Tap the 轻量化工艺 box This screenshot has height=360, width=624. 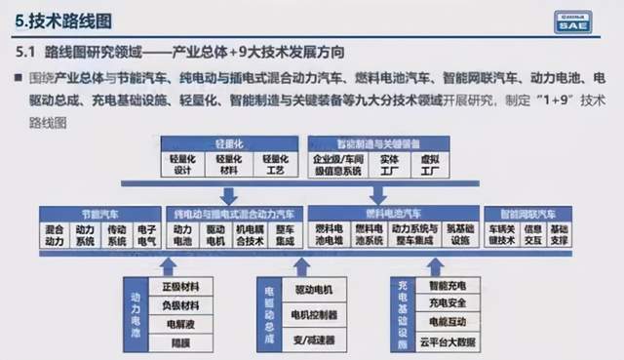coord(276,163)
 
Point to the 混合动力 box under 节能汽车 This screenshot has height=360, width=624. coord(56,235)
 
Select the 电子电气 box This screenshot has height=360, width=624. coord(146,235)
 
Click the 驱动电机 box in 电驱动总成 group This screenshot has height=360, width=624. coord(313,290)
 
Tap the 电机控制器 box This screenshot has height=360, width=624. coord(313,314)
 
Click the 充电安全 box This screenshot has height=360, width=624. coord(449,303)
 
